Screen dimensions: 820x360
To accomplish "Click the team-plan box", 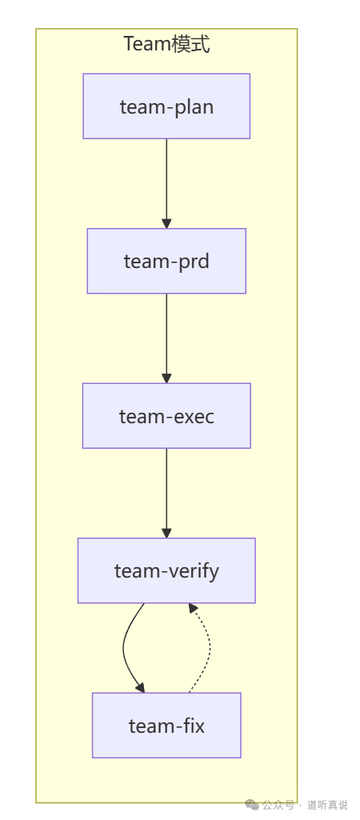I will click(166, 106).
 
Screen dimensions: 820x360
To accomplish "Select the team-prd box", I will click(166, 261).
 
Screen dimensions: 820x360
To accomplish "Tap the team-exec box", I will click(166, 416).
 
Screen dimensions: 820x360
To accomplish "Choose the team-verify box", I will click(166, 570).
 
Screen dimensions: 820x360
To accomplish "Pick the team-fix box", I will click(166, 726).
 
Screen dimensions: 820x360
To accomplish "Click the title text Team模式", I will click(166, 44).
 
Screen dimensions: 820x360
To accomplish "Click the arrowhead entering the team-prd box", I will click(166, 223).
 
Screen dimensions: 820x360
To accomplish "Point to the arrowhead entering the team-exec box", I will click(166, 378).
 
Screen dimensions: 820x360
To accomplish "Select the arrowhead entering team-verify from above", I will click(166, 533).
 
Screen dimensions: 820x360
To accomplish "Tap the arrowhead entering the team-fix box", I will click(140, 688).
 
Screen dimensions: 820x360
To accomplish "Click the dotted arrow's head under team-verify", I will click(193, 608).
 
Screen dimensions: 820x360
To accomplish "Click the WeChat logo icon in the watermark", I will click(252, 805).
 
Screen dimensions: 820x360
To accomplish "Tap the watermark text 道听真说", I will click(327, 805).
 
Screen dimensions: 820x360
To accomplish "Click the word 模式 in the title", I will click(191, 44).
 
